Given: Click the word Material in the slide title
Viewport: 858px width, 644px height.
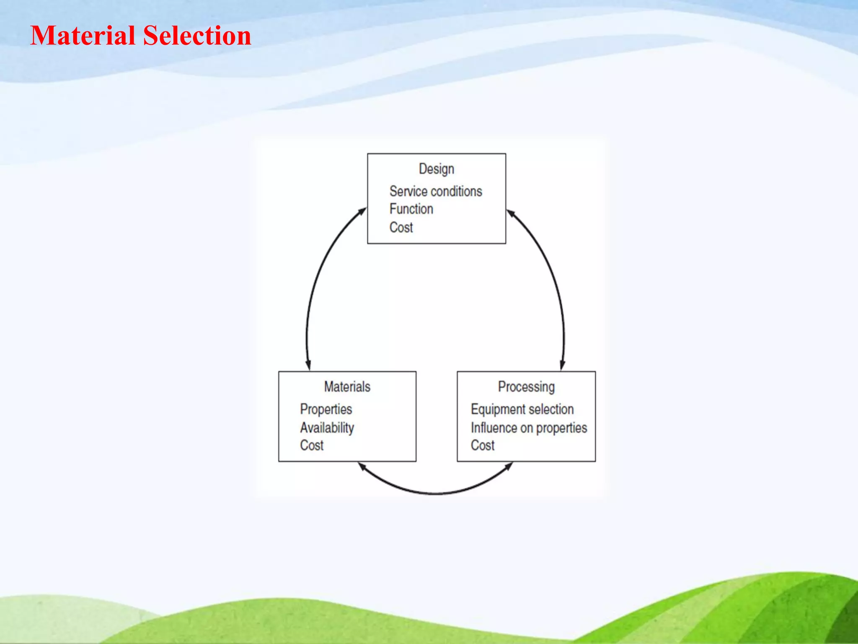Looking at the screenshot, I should click(x=83, y=36).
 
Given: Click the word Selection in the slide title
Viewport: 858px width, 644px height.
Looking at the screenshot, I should click(x=197, y=36).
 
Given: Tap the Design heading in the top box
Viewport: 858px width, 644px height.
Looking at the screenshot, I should click(x=436, y=169).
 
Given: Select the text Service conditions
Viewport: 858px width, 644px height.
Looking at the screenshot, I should click(x=436, y=192).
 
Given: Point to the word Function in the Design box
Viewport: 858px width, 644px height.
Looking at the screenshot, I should click(x=411, y=209).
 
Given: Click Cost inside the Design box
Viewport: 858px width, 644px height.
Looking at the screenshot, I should click(x=401, y=228).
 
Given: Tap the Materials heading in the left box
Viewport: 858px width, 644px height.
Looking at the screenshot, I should click(x=347, y=387).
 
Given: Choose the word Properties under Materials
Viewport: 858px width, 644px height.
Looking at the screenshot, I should click(x=326, y=409).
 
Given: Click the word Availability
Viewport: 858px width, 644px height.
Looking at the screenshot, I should click(x=327, y=428).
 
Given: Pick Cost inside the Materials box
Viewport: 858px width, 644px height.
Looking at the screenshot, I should click(x=312, y=445).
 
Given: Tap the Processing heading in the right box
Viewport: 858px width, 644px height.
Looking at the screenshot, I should click(x=526, y=387).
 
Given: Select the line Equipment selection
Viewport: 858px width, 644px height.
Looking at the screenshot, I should click(x=522, y=409).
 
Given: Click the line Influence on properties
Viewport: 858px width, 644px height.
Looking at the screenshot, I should click(x=529, y=428).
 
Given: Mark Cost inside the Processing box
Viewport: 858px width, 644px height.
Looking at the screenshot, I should click(x=483, y=445).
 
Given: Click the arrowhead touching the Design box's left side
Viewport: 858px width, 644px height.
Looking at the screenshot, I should click(x=362, y=212).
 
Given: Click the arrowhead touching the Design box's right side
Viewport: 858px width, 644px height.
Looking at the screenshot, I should click(x=511, y=213).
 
